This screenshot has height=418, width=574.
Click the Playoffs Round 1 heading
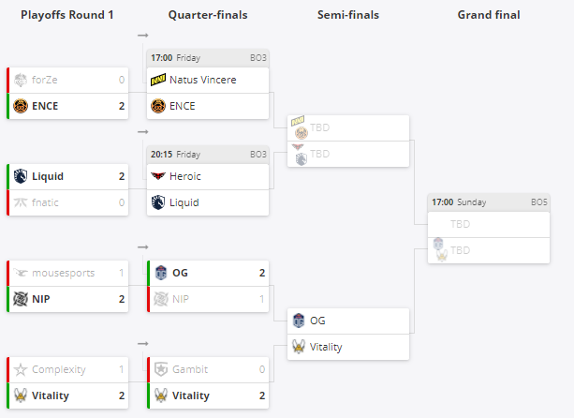coord(66,15)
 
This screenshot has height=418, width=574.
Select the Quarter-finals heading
coord(207,15)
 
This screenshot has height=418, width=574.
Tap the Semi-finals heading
coord(347,15)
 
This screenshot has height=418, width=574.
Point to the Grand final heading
coord(489,15)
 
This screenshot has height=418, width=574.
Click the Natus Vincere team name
coord(202,80)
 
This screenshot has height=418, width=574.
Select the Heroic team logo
coord(158,175)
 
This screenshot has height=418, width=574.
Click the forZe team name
coord(45,80)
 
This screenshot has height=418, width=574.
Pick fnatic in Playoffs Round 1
coord(49,202)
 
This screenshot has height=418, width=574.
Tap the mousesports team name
coord(63,273)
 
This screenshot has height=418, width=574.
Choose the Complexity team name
coord(59,369)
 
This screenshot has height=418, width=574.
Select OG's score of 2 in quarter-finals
coord(261,273)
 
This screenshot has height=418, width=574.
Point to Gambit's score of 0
coord(261,369)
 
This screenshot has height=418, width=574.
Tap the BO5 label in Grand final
coord(539,202)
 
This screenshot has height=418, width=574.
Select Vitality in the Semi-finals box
coord(325,347)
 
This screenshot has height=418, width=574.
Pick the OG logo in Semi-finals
coord(299,321)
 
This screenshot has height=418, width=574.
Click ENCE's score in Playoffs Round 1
coord(122,106)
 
